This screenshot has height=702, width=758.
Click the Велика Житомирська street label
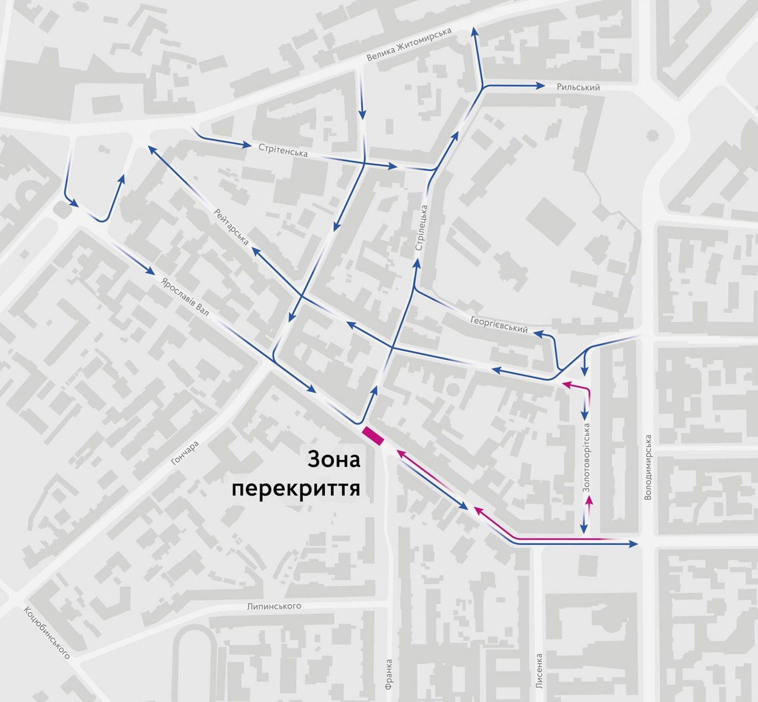click(409, 44)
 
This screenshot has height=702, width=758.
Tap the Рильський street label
click(578, 87)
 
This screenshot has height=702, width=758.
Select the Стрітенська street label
click(283, 150)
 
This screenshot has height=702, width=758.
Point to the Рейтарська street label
click(231, 227)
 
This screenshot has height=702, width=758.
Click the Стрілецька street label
click(421, 228)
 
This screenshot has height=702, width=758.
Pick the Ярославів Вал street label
click(185, 297)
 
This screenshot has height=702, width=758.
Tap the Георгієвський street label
click(499, 325)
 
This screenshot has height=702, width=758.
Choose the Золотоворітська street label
click(587, 457)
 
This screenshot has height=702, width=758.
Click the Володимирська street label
click(648, 467)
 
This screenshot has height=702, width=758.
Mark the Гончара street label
click(185, 453)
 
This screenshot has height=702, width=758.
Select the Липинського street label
click(274, 606)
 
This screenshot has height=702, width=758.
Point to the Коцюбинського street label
click(47, 632)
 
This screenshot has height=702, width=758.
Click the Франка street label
click(389, 674)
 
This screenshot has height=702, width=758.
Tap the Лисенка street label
click(539, 671)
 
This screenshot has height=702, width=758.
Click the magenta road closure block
click(373, 436)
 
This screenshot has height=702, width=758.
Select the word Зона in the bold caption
click(334, 460)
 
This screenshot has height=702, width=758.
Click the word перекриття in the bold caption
click(296, 488)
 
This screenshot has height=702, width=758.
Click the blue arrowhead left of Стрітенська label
click(246, 145)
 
